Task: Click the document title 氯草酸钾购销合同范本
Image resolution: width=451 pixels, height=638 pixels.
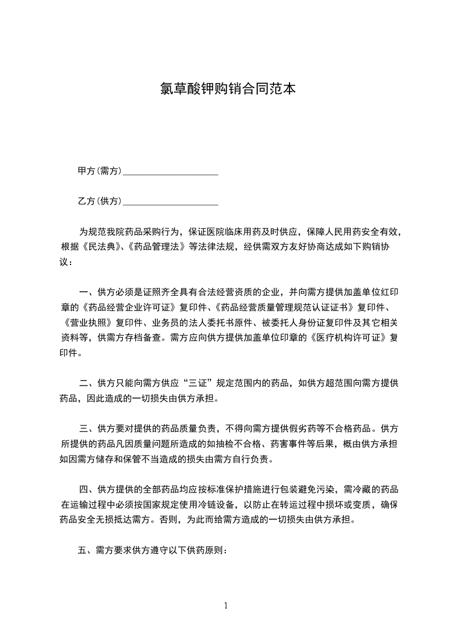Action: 226,89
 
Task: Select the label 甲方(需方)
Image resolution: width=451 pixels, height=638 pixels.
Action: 100,171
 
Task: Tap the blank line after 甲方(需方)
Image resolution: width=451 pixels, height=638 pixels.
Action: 171,172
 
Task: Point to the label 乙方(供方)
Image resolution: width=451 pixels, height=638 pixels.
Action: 100,201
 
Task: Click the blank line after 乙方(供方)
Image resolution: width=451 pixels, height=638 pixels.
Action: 171,202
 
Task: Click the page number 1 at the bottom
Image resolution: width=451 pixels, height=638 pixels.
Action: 226,605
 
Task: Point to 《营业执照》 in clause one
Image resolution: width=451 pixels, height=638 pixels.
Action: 87,322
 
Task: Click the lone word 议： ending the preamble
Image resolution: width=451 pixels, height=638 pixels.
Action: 67,262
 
